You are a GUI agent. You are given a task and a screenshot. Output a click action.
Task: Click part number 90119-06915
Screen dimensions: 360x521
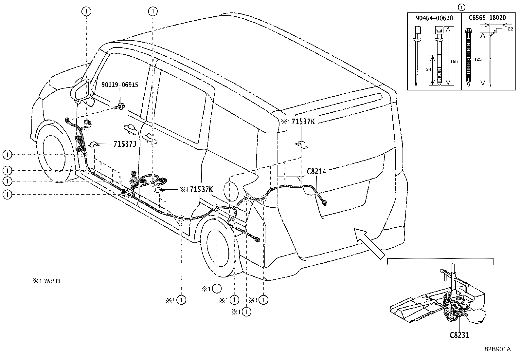point(119,85)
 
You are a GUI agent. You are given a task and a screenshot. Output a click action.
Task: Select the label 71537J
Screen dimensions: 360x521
point(125,144)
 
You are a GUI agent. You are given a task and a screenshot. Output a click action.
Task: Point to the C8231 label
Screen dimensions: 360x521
point(459,335)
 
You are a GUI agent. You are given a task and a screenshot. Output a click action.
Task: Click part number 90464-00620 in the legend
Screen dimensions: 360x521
point(434,18)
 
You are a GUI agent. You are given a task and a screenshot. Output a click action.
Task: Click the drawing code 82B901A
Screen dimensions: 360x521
point(497,349)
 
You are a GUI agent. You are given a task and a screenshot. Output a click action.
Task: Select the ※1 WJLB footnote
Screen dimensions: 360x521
point(46,281)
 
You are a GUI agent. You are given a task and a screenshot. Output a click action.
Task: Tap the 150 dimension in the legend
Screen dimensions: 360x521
point(454,62)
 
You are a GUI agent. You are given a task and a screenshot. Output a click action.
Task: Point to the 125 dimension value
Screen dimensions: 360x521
point(478,59)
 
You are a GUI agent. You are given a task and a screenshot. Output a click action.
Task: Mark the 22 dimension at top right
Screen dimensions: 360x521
point(511,29)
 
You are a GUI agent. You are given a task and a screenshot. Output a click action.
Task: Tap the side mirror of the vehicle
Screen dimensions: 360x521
point(82,90)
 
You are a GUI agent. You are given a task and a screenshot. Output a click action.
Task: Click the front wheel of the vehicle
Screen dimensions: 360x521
point(54,151)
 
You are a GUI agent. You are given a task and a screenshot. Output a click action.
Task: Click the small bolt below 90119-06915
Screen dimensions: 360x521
point(120,106)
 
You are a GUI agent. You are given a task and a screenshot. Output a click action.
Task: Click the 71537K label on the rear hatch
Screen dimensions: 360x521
point(303,122)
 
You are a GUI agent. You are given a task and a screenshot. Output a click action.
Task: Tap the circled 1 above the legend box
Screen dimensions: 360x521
point(462,7)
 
